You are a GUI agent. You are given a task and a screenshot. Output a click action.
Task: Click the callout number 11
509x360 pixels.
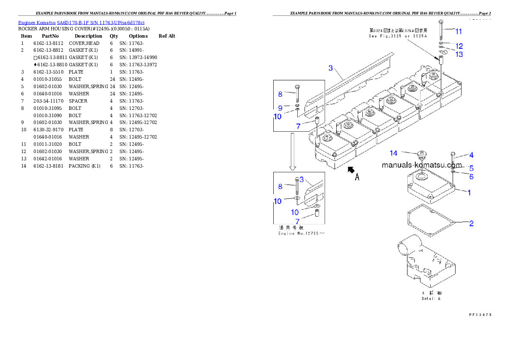(x=458, y=31)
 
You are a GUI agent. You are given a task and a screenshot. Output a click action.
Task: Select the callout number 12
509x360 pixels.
(x=459, y=46)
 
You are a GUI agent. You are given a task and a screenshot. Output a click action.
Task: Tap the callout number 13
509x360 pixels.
(x=459, y=54)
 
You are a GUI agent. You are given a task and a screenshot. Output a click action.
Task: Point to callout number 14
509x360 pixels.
(x=394, y=153)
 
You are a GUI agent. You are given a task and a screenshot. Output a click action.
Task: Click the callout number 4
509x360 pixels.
(x=471, y=155)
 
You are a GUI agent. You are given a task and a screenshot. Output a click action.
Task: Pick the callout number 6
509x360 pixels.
(x=471, y=176)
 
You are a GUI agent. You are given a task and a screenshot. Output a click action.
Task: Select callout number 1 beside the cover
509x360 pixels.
(x=469, y=193)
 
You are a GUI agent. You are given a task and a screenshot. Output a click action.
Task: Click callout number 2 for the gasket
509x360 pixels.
(x=471, y=223)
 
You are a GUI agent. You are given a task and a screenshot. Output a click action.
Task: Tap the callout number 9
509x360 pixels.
(x=280, y=108)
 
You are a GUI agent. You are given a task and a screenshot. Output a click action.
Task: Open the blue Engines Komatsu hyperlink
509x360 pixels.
(x=81, y=22)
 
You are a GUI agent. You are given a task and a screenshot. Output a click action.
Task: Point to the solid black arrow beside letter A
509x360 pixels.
(x=351, y=170)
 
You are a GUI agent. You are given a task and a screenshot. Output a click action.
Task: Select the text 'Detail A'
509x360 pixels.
(x=431, y=298)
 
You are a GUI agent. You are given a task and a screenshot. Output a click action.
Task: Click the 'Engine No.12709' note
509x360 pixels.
(x=301, y=233)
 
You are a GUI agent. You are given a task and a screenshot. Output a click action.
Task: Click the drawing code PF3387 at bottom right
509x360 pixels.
(x=479, y=314)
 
